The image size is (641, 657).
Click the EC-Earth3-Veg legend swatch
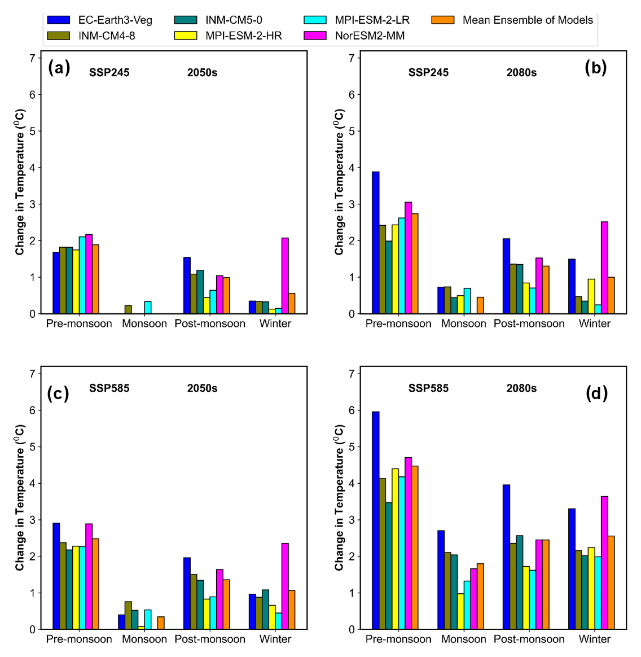[x=58, y=20]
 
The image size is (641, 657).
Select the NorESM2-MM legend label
[x=370, y=36]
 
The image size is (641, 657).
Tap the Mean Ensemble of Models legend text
[x=528, y=20]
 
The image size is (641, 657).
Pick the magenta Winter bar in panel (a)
[x=285, y=275]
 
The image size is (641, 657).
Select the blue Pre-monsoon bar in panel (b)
[x=375, y=243]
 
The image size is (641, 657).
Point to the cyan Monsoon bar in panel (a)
[x=148, y=308]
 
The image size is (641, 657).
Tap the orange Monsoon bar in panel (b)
[x=480, y=305]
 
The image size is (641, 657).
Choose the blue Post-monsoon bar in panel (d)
[x=506, y=557]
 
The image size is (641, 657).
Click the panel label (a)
[x=59, y=68]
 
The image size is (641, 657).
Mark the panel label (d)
[x=596, y=393]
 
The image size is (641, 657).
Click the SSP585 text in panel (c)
[x=109, y=388]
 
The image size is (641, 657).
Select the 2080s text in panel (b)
[x=521, y=73]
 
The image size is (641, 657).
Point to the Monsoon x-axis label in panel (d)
[x=463, y=639]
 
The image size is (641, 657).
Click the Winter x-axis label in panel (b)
[x=594, y=323]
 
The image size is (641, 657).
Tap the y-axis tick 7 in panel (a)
[x=32, y=58]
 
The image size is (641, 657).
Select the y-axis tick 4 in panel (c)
[x=32, y=483]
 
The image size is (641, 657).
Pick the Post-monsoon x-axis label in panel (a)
[x=210, y=323]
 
